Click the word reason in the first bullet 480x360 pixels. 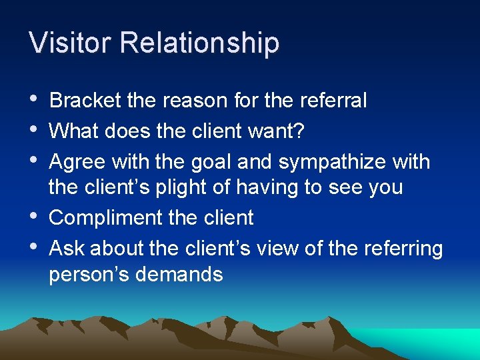pyautogui.click(x=197, y=101)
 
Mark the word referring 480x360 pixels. pyautogui.click(x=402, y=249)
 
